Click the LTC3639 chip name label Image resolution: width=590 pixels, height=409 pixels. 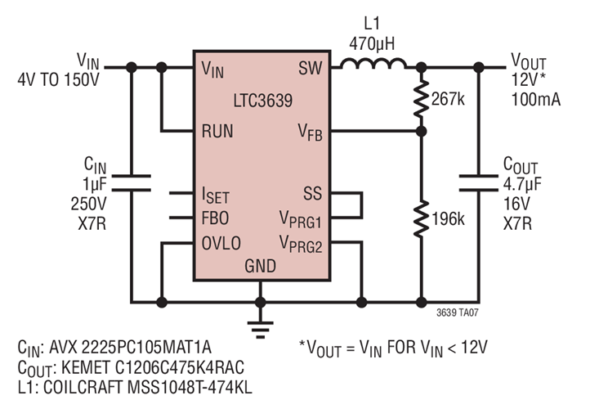(259, 101)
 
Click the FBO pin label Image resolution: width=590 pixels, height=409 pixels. (216, 219)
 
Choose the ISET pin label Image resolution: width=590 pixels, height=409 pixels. (217, 195)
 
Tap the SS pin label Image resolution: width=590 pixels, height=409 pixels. (311, 194)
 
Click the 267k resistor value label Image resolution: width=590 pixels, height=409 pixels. (449, 98)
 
